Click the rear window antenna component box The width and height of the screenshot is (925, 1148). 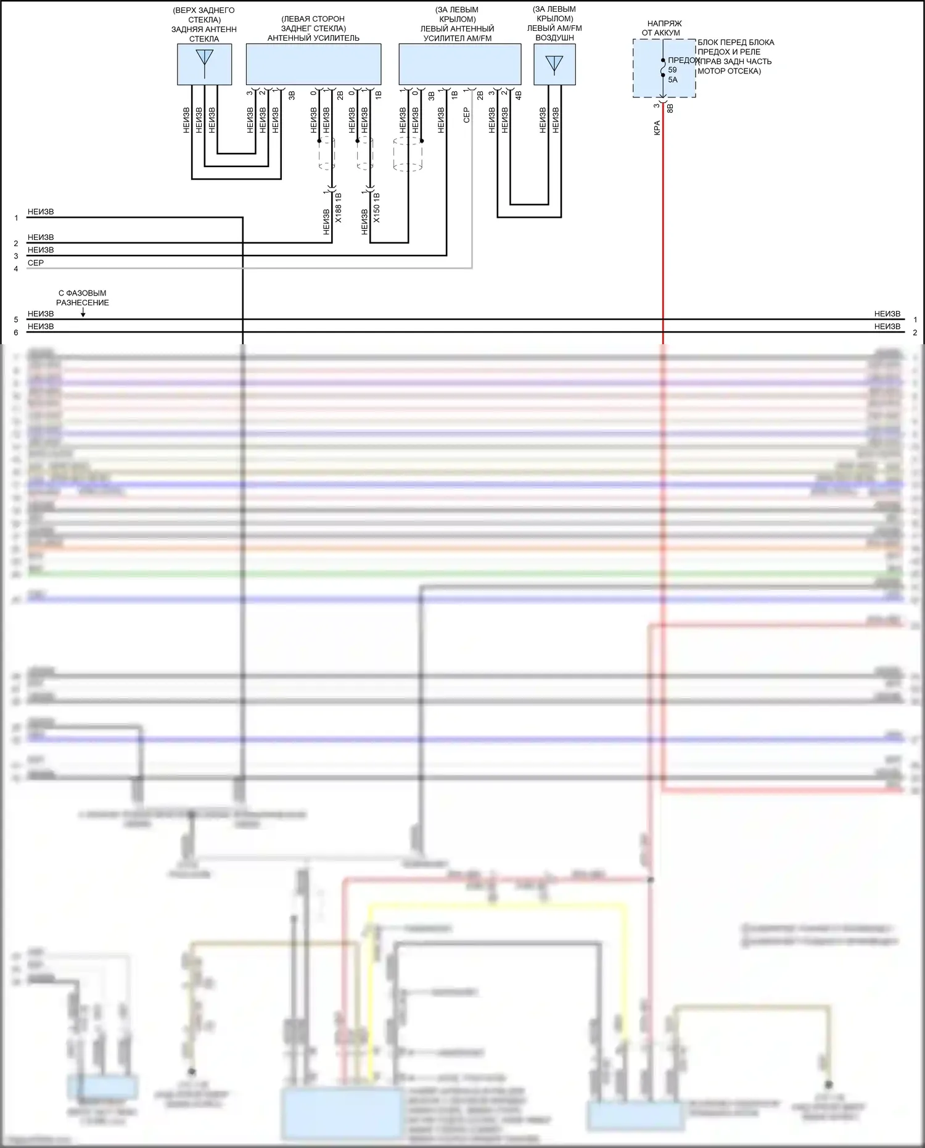coord(204,64)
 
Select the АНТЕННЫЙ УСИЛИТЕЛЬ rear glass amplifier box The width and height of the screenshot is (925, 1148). coord(313,64)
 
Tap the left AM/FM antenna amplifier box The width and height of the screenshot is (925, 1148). coord(459,64)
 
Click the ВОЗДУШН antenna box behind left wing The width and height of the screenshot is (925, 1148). coord(554,64)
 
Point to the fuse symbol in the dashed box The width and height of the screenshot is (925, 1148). coord(663,70)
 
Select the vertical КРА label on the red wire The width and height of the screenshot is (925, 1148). coord(657,128)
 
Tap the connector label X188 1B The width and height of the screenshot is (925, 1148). coord(339,208)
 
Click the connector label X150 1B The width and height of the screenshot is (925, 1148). coord(377,208)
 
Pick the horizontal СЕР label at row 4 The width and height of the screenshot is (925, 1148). coord(36,263)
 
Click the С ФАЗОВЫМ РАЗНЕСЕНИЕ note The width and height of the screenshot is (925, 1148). coord(83,298)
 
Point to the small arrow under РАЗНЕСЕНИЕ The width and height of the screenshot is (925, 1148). coord(83,313)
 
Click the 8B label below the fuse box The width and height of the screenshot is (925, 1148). coord(670,109)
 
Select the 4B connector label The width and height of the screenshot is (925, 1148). coord(519,96)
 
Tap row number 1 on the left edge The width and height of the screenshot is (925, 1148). coord(16,218)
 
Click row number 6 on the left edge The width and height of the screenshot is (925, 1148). coord(16,332)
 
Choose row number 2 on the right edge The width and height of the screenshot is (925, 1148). coord(915,332)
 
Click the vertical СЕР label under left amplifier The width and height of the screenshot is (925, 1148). coord(466,115)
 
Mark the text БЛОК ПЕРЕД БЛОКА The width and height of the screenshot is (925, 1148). coord(736,43)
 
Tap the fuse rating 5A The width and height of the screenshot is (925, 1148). coord(673,80)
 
